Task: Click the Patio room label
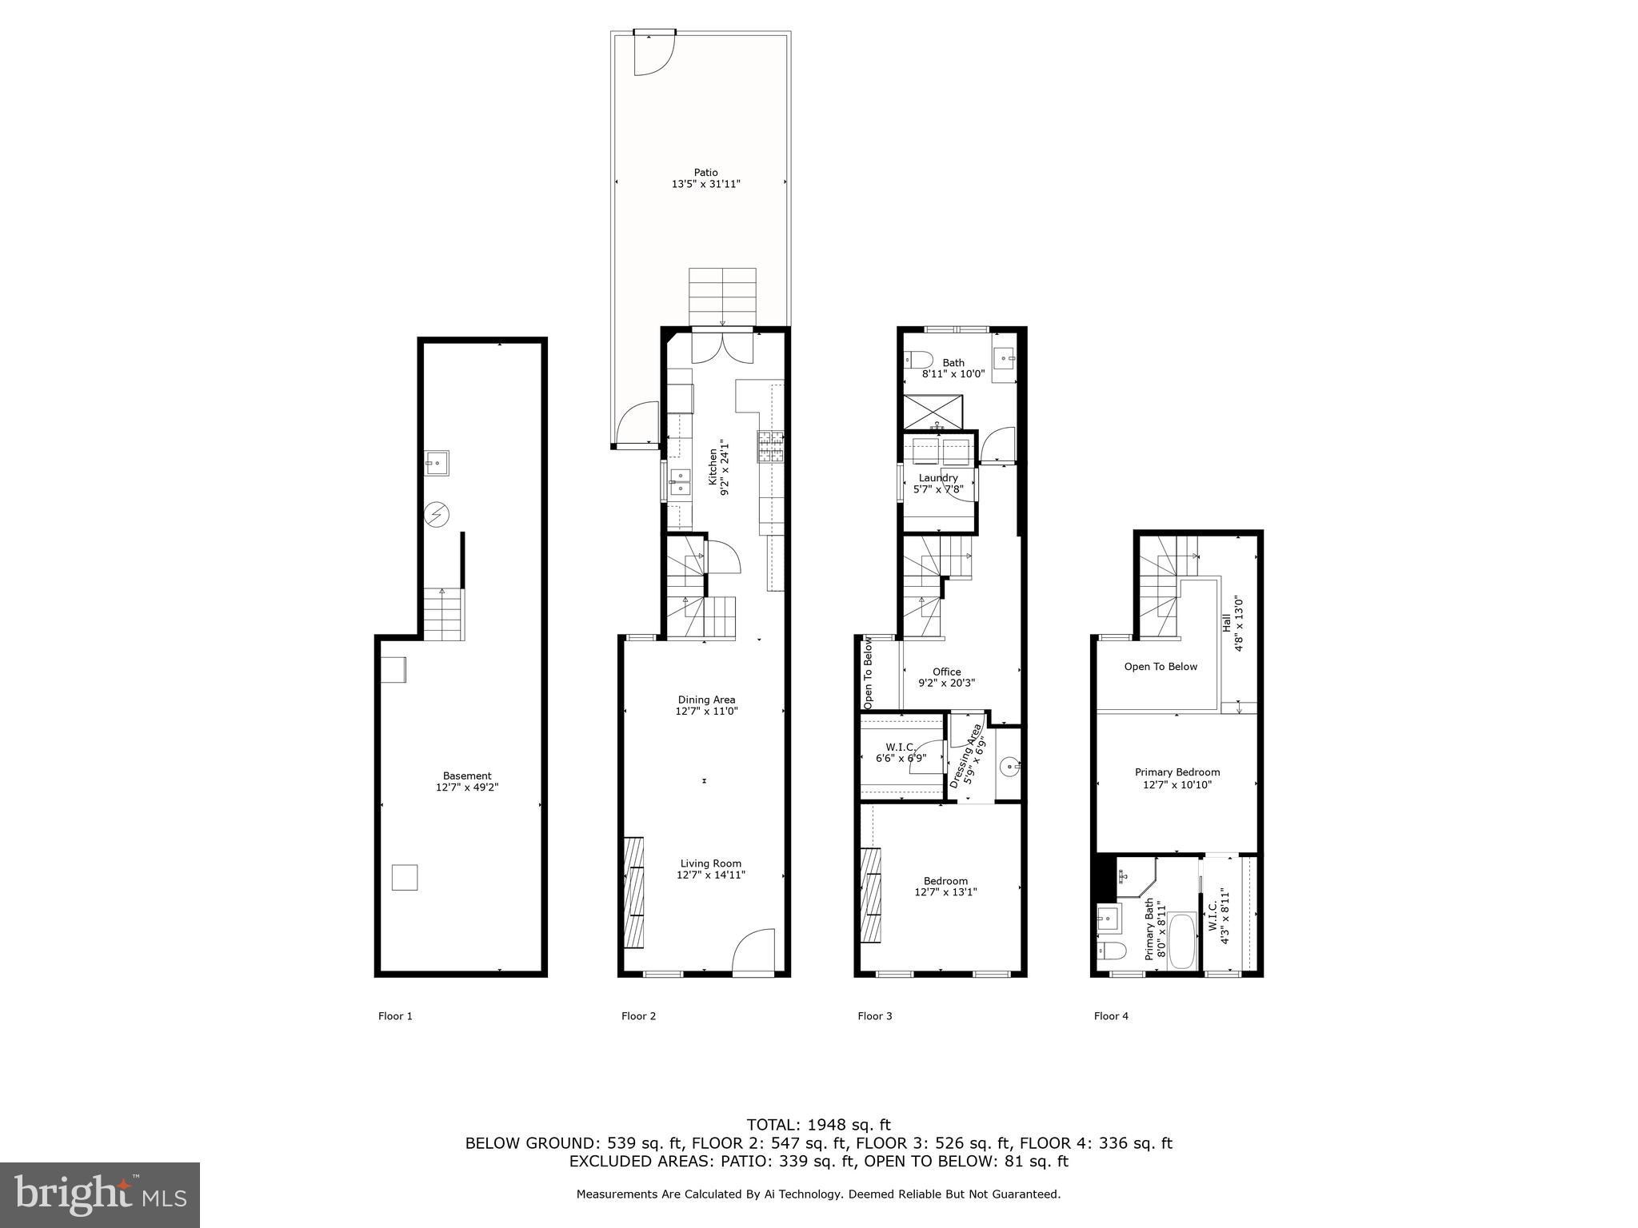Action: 705,173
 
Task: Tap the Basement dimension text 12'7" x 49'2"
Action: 467,787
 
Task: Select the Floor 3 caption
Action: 874,1016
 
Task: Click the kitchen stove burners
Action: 771,447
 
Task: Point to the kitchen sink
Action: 680,482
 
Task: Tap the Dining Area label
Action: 706,700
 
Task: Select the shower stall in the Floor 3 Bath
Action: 933,413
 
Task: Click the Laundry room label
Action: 938,478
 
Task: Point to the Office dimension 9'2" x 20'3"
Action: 946,683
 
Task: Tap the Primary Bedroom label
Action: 1177,772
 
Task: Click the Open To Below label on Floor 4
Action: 1161,667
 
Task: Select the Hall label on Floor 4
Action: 1227,624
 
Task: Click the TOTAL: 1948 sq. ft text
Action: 818,1125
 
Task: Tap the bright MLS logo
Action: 100,1194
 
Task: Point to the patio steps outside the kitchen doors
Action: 722,297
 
